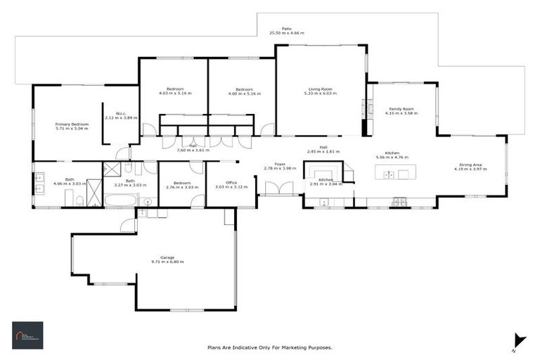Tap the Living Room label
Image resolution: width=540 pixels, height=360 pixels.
(320, 89)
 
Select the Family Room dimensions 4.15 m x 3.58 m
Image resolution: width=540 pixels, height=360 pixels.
(401, 114)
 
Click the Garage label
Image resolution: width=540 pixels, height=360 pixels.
(167, 257)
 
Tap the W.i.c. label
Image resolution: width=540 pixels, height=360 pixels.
(120, 113)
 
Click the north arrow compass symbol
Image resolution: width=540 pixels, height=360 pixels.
(519, 340)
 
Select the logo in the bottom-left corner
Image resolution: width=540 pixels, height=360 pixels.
(27, 335)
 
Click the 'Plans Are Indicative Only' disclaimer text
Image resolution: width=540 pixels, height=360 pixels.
(269, 347)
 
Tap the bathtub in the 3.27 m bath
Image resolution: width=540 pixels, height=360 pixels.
(122, 201)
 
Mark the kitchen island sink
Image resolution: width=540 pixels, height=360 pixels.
(388, 174)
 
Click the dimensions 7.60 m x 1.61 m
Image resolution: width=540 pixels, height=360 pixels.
(193, 150)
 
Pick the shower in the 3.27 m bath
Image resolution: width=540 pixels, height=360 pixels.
(112, 169)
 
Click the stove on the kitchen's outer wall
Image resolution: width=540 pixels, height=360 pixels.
(399, 202)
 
